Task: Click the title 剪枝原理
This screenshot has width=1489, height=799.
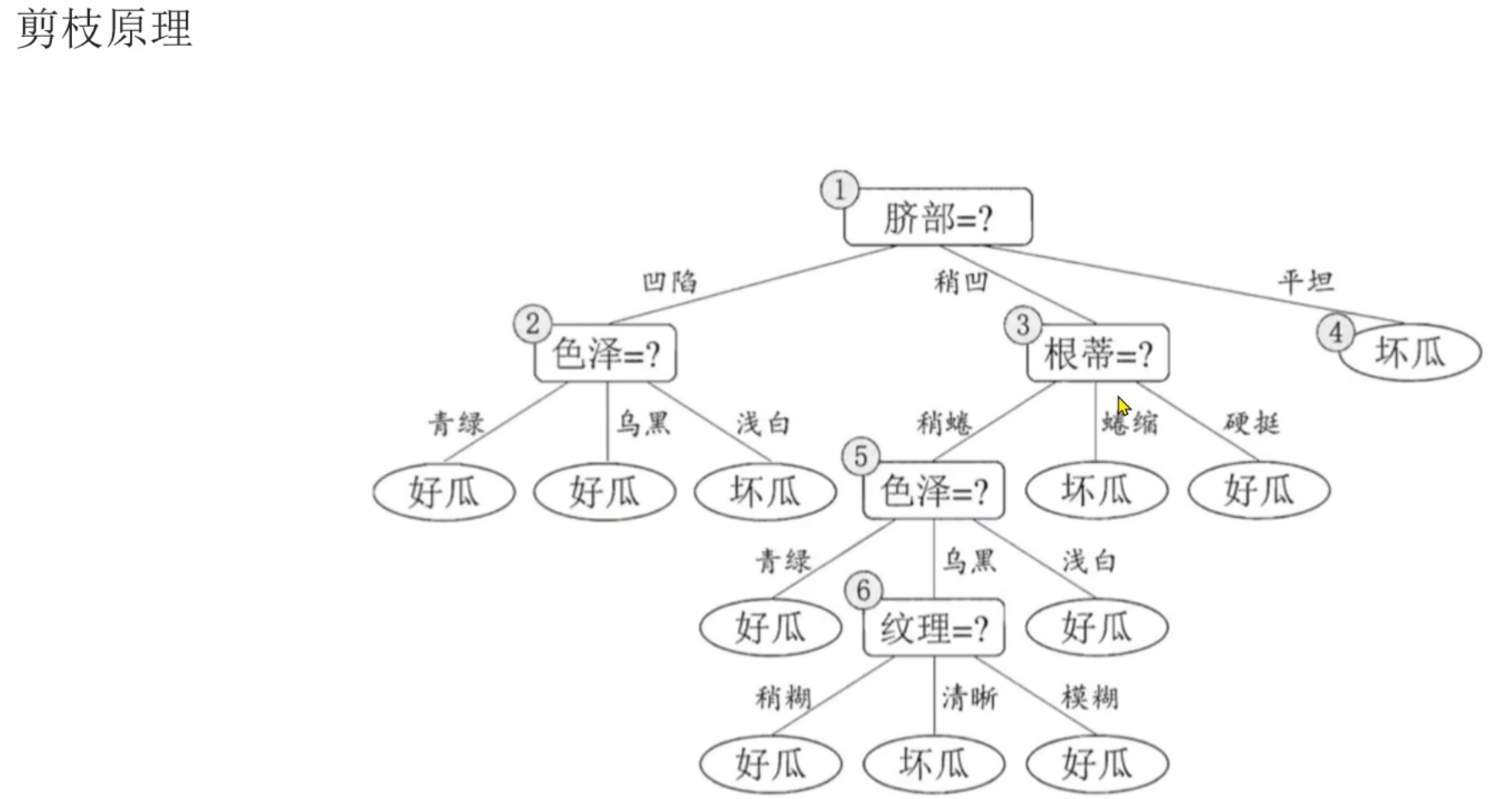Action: coord(105,28)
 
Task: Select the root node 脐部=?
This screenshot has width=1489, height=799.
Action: coord(938,217)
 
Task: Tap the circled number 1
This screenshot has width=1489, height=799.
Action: coord(839,189)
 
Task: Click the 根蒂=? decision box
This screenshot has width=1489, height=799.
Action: coord(1098,353)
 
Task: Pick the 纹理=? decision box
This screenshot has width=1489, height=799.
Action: coord(933,627)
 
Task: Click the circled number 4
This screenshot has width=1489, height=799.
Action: coord(1336,332)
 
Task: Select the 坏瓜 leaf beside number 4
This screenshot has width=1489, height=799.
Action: coord(1410,353)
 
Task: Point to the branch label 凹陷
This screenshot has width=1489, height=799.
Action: coord(670,281)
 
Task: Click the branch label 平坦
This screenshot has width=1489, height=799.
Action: coord(1305,281)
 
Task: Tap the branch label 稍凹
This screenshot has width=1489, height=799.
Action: coord(961,281)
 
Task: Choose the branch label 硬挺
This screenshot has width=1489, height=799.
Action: coord(1251,423)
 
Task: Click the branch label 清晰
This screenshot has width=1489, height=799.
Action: coord(969,697)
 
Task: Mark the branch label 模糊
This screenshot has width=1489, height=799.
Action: coord(1089,697)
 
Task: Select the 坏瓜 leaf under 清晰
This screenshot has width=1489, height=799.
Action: coord(933,764)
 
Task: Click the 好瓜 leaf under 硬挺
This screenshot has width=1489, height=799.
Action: coord(1259,490)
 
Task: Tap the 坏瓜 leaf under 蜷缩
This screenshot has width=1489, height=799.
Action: coord(1096,490)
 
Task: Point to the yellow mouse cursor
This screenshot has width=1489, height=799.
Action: coord(1124,406)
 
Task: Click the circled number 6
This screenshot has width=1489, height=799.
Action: coord(863,590)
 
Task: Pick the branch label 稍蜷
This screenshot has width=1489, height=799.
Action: coord(944,423)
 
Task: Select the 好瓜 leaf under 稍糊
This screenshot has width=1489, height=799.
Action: coord(770,764)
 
